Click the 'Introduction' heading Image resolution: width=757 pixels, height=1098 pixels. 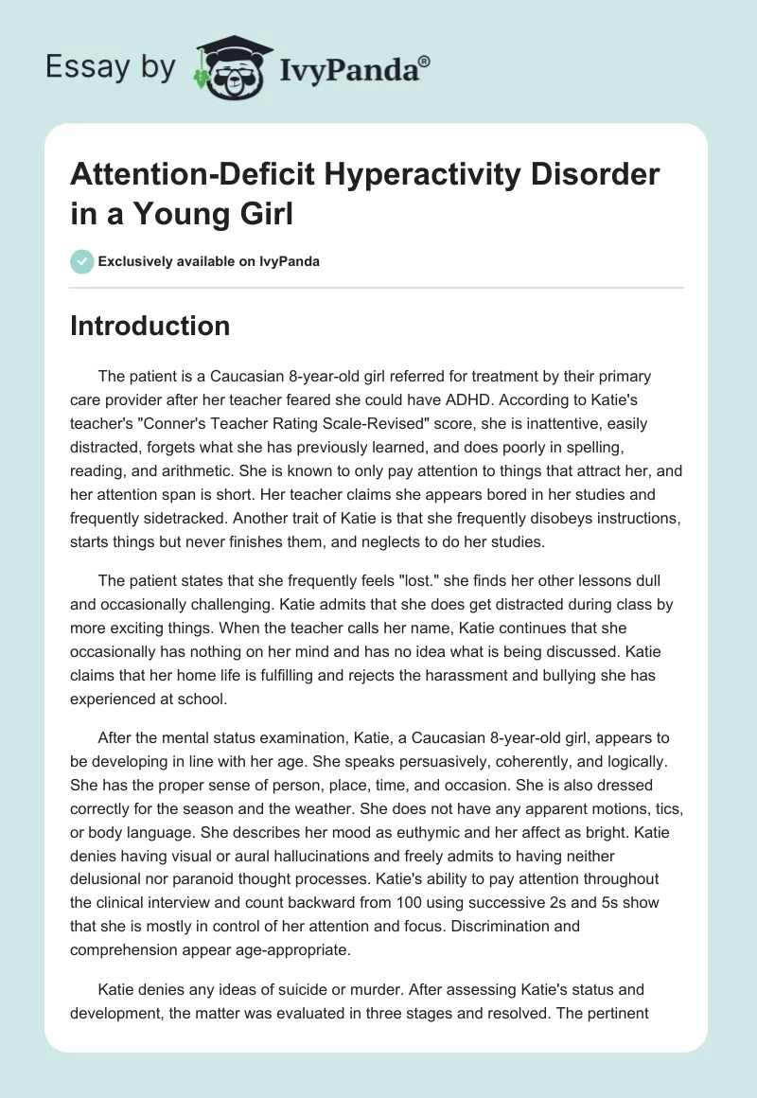click(x=150, y=326)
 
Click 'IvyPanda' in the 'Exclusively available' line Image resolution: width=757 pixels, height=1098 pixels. click(x=287, y=261)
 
